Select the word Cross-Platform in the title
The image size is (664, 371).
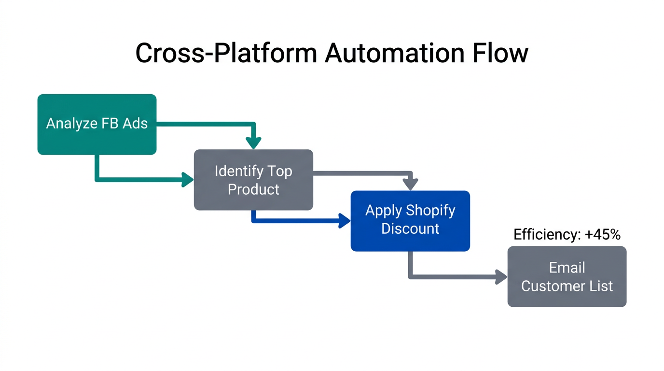click(x=226, y=53)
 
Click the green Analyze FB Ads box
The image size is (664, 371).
click(x=97, y=124)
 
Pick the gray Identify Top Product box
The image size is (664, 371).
click(x=253, y=180)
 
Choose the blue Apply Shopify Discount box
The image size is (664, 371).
click(x=410, y=221)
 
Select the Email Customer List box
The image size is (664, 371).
click(x=567, y=276)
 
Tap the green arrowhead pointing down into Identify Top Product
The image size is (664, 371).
click(x=253, y=143)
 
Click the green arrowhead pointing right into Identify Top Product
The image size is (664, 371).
click(x=187, y=180)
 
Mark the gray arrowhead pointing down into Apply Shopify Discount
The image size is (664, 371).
click(x=410, y=184)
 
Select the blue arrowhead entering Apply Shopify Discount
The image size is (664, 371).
click(x=345, y=221)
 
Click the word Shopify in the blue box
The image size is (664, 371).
click(x=430, y=211)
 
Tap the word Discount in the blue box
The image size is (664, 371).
click(x=410, y=228)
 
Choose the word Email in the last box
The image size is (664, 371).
click(x=567, y=268)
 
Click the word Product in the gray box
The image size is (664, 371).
click(x=253, y=189)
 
